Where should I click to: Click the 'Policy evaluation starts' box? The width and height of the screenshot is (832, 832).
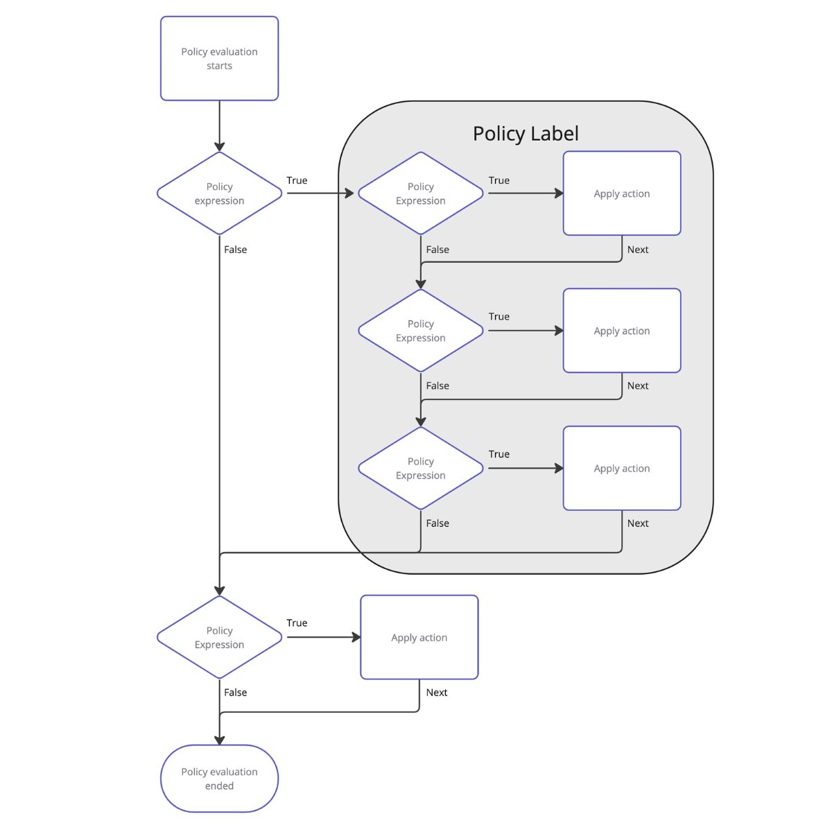219,58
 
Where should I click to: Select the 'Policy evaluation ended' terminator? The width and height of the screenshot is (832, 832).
219,778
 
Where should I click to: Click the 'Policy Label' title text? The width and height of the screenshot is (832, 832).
526,133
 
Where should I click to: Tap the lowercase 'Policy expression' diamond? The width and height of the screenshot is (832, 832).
219,193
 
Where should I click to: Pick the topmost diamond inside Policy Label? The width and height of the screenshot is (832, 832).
420,193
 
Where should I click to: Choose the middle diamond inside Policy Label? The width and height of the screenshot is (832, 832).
420,330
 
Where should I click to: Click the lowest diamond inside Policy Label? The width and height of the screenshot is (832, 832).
420,468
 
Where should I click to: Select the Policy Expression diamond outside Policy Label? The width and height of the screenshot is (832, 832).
219,637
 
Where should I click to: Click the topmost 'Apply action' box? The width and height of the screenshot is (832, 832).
622,193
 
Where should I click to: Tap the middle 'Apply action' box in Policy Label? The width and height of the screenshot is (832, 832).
622,330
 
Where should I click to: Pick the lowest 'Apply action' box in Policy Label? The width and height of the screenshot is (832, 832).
622,468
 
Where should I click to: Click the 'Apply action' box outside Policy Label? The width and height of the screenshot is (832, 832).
419,637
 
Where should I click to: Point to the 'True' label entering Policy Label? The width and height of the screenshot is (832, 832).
297,180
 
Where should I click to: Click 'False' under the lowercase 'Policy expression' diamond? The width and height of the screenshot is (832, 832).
235,250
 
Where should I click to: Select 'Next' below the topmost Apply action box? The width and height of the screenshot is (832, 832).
638,250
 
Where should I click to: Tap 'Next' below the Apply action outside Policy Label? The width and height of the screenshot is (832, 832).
437,692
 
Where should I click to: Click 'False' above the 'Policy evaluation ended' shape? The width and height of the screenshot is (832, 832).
235,692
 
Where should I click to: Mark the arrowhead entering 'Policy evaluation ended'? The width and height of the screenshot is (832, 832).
219,740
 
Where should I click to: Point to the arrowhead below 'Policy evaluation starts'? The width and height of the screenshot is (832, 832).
219,146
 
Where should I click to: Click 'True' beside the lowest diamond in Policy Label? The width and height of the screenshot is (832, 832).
499,454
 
